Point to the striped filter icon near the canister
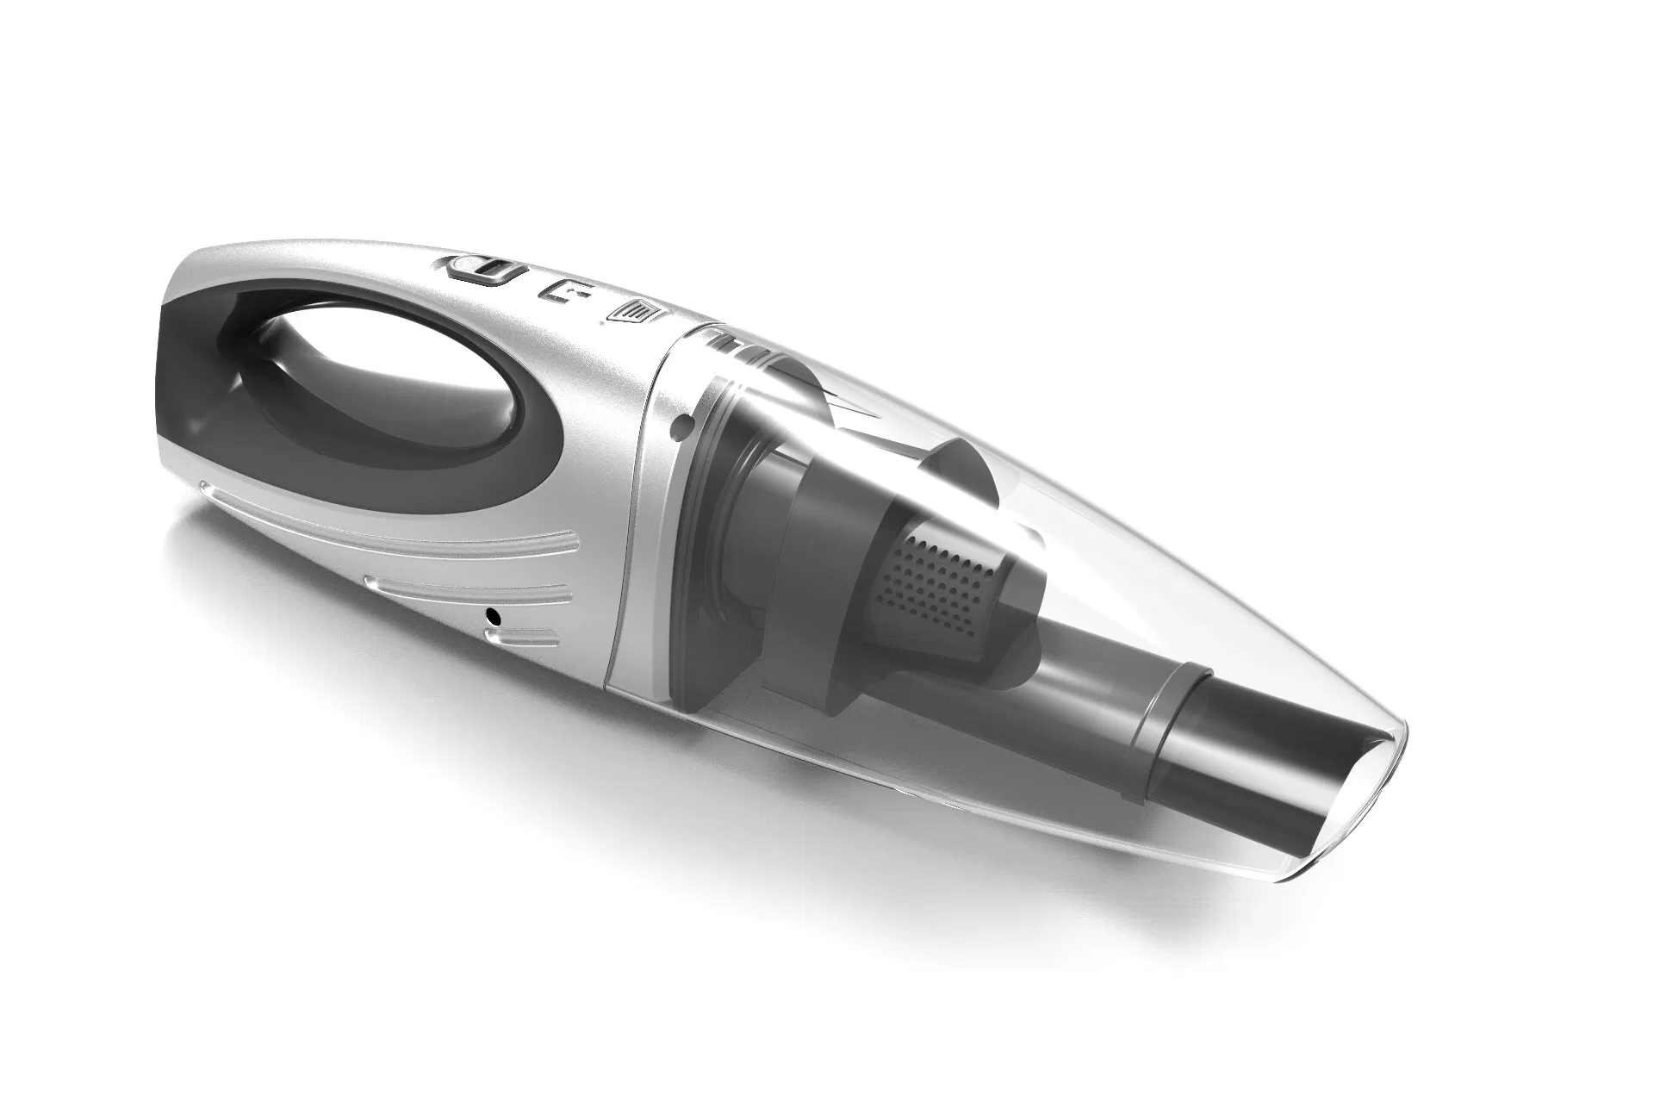point(635,312)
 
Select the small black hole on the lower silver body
point(494,615)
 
